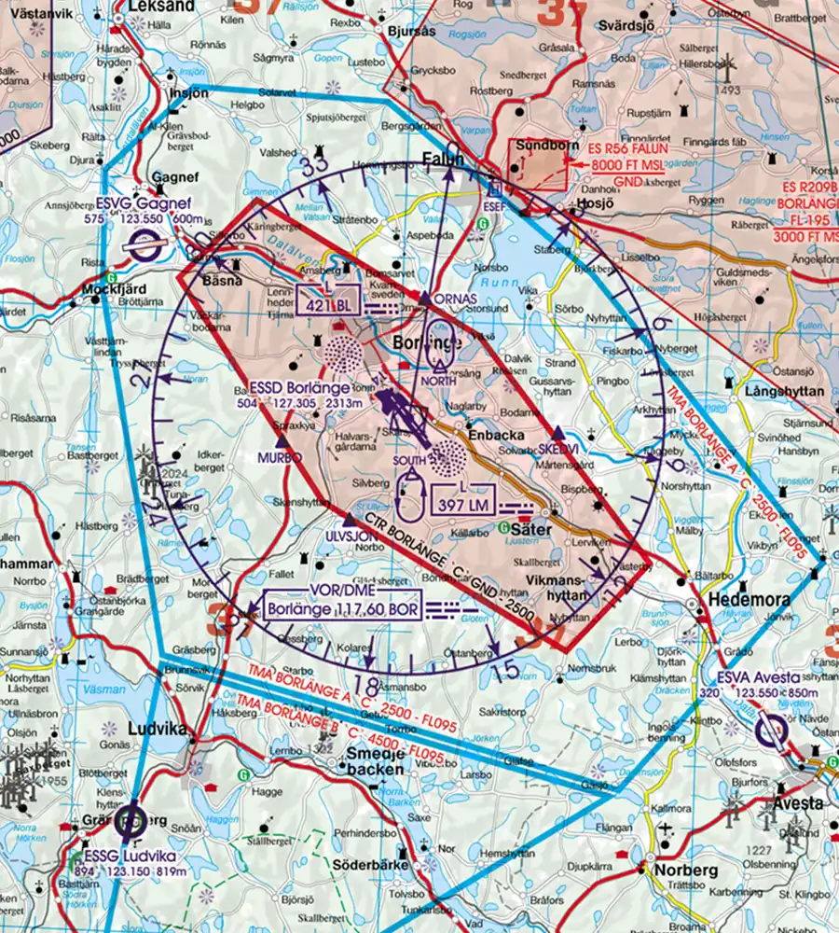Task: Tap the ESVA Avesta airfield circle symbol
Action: (x=772, y=731)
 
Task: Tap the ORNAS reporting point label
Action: (x=456, y=299)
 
